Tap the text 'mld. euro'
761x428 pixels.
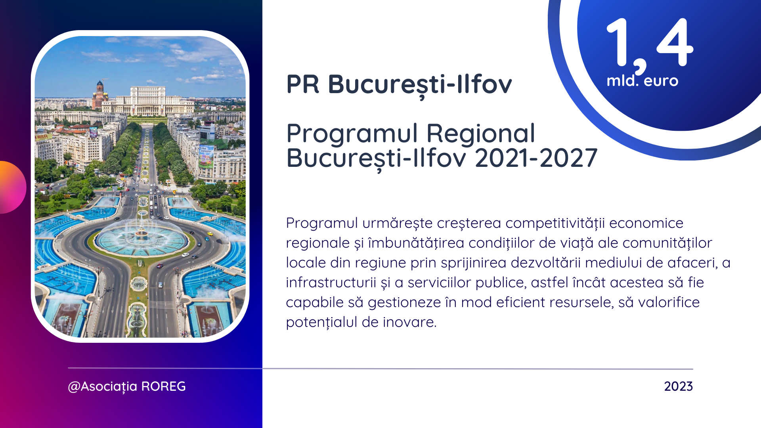click(x=642, y=81)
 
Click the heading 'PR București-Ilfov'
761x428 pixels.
click(x=399, y=85)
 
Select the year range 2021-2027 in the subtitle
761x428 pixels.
click(x=536, y=158)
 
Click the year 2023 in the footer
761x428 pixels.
click(x=679, y=386)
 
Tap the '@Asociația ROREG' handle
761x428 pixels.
click(x=127, y=387)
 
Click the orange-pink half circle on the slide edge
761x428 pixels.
click(x=13, y=187)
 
